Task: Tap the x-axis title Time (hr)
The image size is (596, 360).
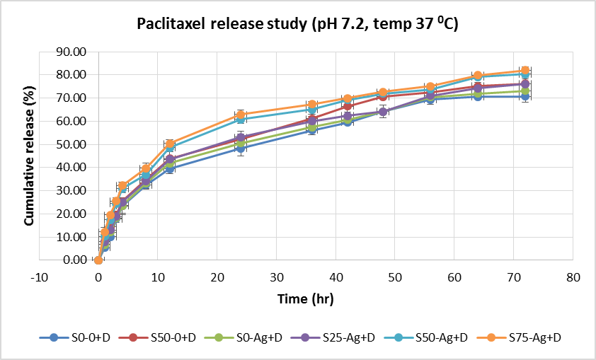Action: pyautogui.click(x=305, y=298)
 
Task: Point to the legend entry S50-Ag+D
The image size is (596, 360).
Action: pyautogui.click(x=439, y=338)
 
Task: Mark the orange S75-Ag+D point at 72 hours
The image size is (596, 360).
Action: pyautogui.click(x=525, y=71)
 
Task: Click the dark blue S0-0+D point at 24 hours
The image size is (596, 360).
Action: pyautogui.click(x=241, y=149)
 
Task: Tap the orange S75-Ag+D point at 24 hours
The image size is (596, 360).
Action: pyautogui.click(x=241, y=115)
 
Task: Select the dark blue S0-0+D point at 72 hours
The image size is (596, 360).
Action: pyautogui.click(x=525, y=96)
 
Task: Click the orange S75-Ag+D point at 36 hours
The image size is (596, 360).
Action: pyautogui.click(x=311, y=105)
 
